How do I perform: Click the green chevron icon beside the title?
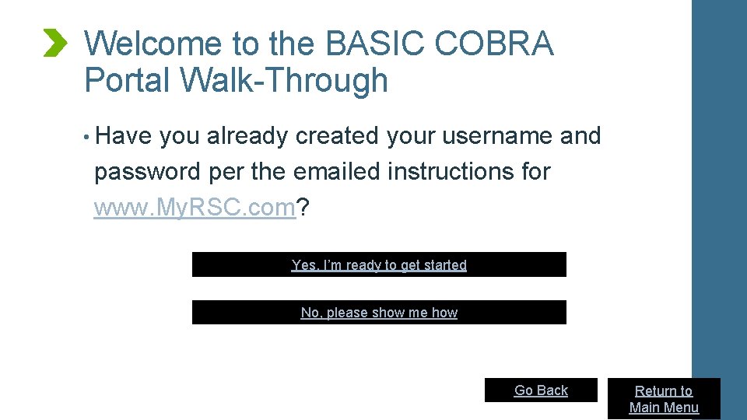(55, 43)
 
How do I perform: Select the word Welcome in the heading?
(153, 44)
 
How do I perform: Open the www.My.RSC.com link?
(195, 208)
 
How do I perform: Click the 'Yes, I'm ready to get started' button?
(379, 265)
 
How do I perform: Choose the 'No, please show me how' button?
(379, 313)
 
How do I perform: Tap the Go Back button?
(541, 390)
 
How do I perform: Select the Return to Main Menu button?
(664, 399)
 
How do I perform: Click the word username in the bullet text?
(496, 136)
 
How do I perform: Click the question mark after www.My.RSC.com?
(303, 208)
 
